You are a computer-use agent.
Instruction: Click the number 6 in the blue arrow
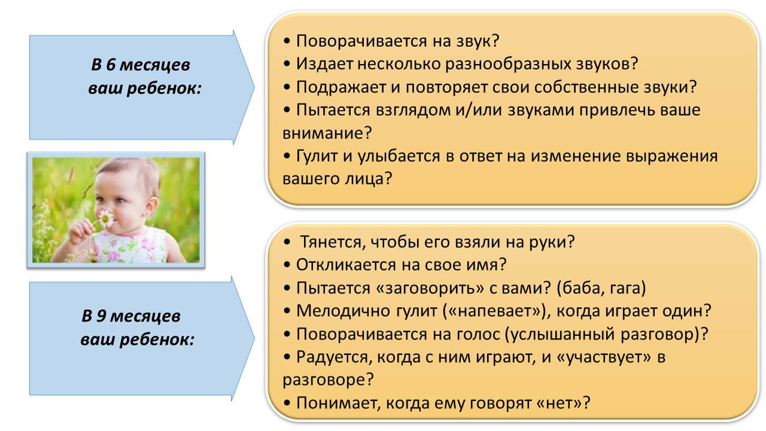(111, 65)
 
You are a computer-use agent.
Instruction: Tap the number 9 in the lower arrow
(101, 315)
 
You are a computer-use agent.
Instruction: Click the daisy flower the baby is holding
(106, 218)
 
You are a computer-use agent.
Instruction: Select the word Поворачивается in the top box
(362, 41)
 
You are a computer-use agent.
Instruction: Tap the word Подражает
(341, 87)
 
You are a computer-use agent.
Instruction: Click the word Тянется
(330, 242)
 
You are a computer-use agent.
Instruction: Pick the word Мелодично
(343, 311)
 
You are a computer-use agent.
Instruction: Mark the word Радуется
(333, 357)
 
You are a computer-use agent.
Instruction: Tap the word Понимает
(337, 403)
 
